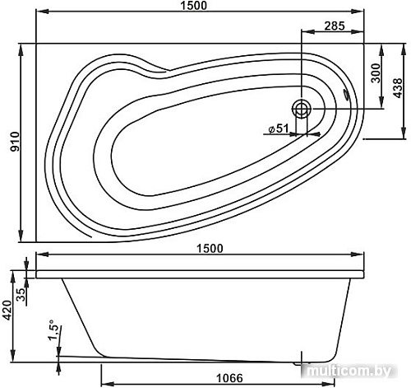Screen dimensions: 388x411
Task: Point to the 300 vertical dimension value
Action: coord(376,75)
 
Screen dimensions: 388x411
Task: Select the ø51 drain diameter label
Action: coord(278,128)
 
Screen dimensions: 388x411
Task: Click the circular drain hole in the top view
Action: coord(302,108)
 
